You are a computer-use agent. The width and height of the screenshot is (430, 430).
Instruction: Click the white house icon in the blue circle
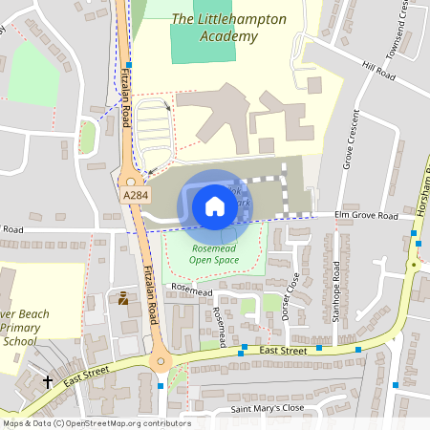[x=215, y=205]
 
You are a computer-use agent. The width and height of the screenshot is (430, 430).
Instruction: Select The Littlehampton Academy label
[x=215, y=28]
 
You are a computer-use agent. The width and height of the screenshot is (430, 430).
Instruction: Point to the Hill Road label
[x=378, y=70]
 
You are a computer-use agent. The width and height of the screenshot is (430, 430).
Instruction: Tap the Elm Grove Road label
[x=366, y=216]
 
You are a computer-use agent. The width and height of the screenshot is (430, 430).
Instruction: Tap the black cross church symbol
[x=48, y=382]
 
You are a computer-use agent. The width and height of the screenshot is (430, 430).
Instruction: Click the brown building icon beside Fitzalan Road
[x=123, y=298]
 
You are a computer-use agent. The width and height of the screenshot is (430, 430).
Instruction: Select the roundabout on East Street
[x=160, y=361]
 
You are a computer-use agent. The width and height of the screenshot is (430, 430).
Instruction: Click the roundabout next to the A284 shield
[x=131, y=181]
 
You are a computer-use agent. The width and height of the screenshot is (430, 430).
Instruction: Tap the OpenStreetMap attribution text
[x=97, y=423]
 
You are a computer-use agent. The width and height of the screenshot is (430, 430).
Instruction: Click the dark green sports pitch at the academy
[x=202, y=43]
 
